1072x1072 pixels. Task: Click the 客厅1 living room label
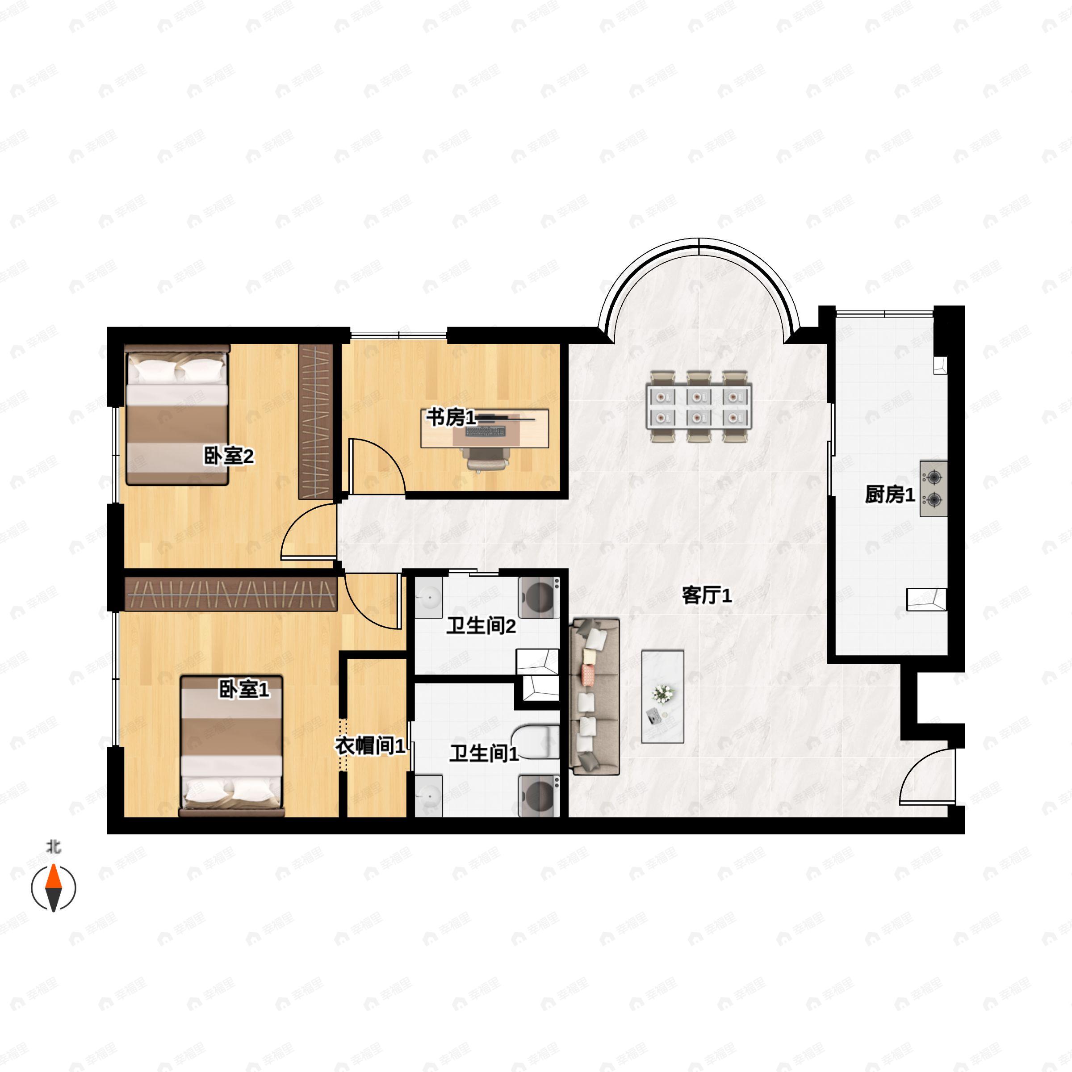click(x=706, y=596)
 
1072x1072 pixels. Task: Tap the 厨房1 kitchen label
click(x=889, y=494)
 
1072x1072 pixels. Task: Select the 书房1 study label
click(x=451, y=418)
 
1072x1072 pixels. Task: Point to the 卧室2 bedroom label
click(x=229, y=456)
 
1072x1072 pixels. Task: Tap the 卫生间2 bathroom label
click(x=481, y=626)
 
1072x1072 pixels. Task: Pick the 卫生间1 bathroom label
click(x=484, y=753)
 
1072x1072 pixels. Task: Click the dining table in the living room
click(x=699, y=407)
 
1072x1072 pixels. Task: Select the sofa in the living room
click(x=594, y=697)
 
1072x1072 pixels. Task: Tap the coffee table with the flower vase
click(x=662, y=697)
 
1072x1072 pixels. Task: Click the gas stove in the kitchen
click(x=933, y=488)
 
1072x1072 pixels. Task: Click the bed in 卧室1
click(x=231, y=745)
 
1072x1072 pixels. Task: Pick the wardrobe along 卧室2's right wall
click(x=316, y=422)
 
